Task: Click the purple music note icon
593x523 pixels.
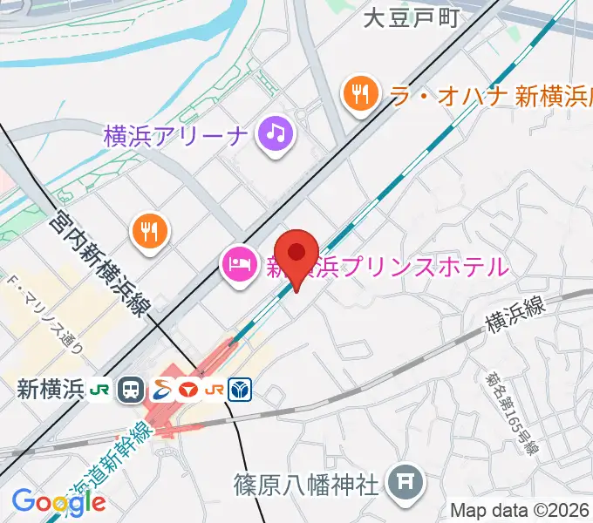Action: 276,135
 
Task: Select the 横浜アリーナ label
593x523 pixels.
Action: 176,136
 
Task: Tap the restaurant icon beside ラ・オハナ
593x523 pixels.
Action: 359,94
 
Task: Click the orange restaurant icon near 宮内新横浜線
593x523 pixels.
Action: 150,230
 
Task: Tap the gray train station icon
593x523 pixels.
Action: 132,389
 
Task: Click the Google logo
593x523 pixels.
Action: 58,501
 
